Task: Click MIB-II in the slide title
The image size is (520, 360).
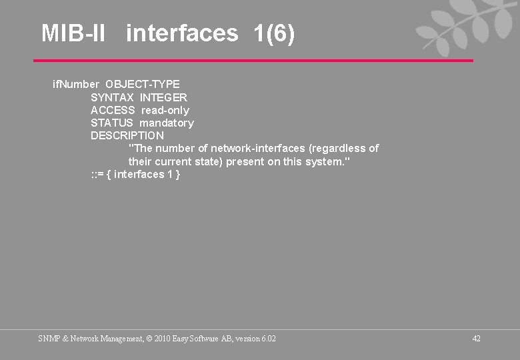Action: pos(73,33)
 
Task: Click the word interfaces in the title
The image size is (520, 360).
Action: pos(181,33)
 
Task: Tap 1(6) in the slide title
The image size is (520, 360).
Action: pos(274,33)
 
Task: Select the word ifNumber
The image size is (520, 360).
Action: pos(76,84)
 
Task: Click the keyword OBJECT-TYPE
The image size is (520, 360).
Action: pos(143,84)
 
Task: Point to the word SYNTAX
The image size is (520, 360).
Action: pos(112,97)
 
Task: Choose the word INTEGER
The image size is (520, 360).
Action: pos(163,97)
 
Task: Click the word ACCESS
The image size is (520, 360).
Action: pos(113,110)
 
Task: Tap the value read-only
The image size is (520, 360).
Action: pos(165,110)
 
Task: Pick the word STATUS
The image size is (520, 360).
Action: pos(112,123)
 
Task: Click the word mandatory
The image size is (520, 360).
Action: pos(167,123)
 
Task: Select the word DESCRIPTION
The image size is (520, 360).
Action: pos(127,135)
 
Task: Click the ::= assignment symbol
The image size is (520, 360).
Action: pos(97,175)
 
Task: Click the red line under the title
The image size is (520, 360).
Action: pos(253,61)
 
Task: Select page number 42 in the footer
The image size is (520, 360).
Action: pos(476,339)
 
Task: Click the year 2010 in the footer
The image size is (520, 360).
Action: pos(162,339)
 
